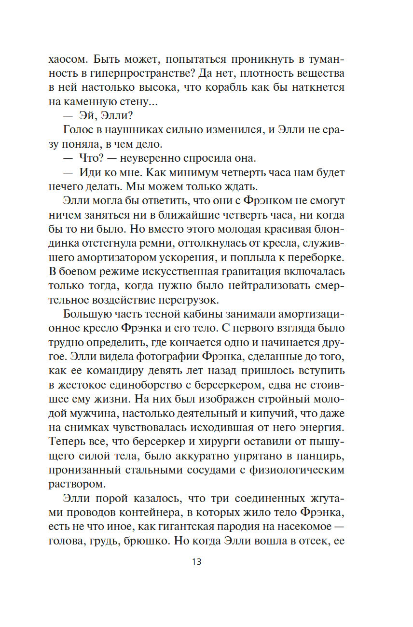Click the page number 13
(196, 561)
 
